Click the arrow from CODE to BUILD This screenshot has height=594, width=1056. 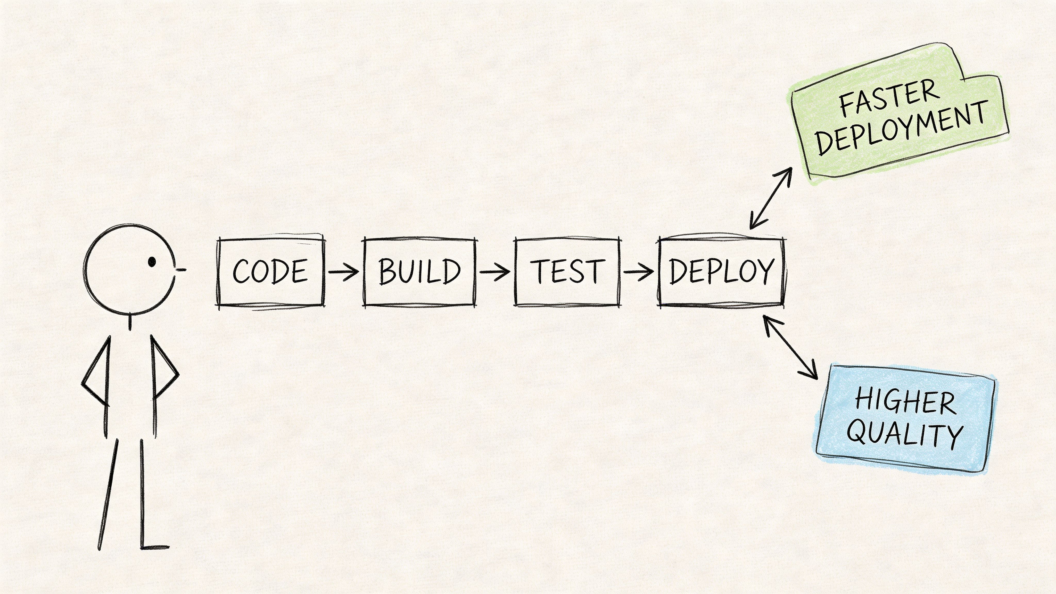343,272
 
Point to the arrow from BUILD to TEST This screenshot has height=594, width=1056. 495,272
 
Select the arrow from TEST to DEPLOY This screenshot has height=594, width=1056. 639,272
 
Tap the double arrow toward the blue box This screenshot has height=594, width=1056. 790,348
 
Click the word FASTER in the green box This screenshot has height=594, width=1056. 889,99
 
